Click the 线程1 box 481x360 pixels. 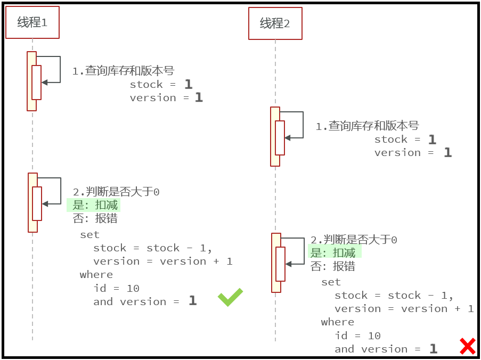[32, 22]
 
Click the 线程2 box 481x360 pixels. [275, 23]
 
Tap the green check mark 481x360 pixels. [230, 297]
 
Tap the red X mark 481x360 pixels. [467, 346]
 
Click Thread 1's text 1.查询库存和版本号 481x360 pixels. [123, 71]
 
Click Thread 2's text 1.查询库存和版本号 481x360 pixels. [367, 126]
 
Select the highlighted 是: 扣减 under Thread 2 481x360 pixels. [333, 252]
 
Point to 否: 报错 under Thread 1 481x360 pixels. [95, 219]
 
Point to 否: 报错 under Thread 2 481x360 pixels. [333, 266]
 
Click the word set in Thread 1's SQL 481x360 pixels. [89, 234]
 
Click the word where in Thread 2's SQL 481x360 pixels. [337, 322]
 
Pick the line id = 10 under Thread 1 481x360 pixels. [116, 288]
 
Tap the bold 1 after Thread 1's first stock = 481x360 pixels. [188, 84]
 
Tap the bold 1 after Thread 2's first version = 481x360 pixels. [447, 153]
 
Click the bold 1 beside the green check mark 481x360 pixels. [192, 301]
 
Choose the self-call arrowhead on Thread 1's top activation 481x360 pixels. [44, 82]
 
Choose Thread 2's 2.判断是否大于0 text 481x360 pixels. [354, 240]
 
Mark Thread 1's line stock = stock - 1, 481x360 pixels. [152, 248]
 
